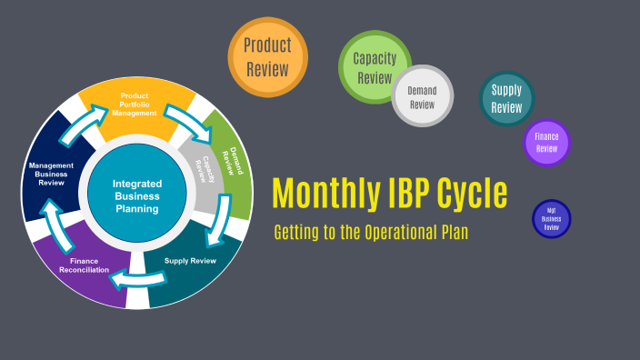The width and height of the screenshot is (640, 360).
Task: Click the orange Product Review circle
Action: [x=266, y=56]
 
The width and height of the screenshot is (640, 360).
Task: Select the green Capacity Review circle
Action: [x=374, y=67]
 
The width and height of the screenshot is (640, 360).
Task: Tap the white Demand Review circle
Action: [x=422, y=96]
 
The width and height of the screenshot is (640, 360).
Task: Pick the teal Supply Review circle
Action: [x=506, y=98]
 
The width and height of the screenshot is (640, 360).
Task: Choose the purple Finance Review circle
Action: [x=546, y=143]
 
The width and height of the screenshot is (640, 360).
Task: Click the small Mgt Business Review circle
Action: [x=551, y=218]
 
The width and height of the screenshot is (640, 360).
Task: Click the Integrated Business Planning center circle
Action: [x=136, y=195]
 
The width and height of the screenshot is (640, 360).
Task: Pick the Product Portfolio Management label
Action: [x=138, y=104]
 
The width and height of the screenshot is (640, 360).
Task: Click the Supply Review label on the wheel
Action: [x=190, y=261]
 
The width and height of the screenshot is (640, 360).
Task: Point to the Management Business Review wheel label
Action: [x=51, y=174]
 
